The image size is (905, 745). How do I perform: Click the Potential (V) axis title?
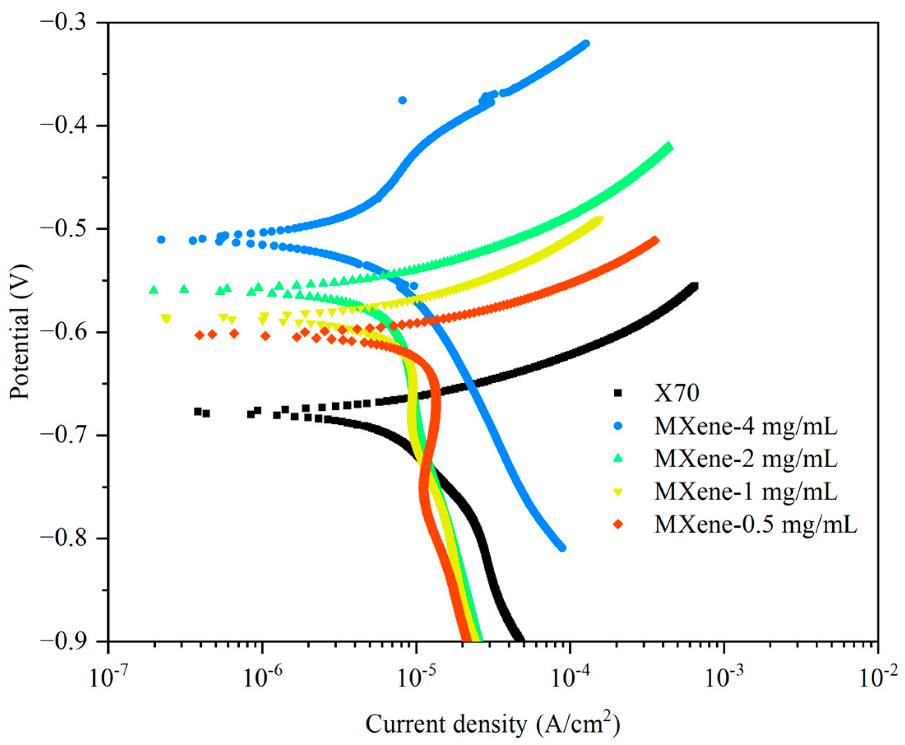click(x=21, y=333)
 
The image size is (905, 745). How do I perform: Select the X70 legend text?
click(x=676, y=393)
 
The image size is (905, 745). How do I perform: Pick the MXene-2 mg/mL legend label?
click(x=746, y=459)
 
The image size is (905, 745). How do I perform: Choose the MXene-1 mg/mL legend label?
click(x=746, y=491)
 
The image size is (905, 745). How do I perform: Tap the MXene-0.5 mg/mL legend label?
click(x=756, y=524)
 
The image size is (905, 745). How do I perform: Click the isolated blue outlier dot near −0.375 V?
click(x=403, y=100)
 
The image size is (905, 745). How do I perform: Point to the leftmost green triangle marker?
click(x=154, y=290)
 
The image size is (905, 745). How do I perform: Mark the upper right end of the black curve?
click(x=694, y=286)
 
